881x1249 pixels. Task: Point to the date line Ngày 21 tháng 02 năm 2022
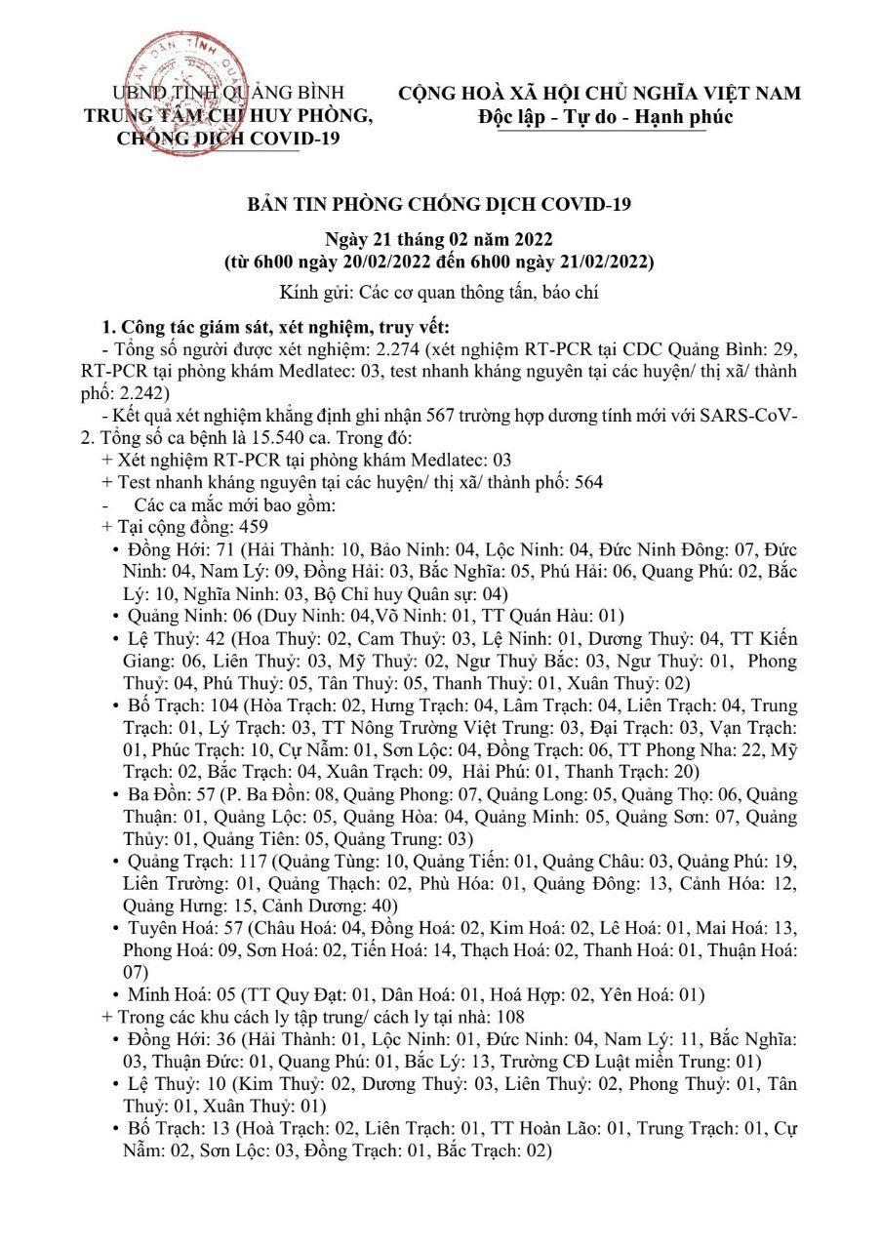pyautogui.click(x=439, y=242)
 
